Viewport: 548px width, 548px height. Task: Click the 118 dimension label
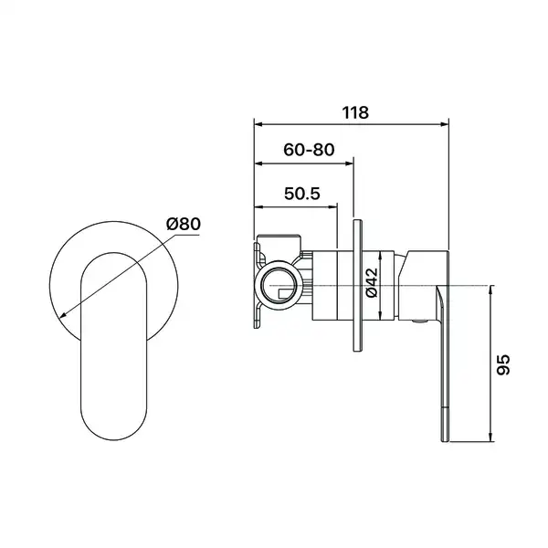tap(355, 112)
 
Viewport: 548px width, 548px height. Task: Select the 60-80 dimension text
tap(309, 150)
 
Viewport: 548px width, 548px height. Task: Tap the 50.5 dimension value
tap(302, 194)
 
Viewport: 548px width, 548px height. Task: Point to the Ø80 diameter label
tap(184, 224)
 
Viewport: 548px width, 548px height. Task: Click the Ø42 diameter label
tap(372, 282)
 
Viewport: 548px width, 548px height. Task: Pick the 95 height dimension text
tap(503, 364)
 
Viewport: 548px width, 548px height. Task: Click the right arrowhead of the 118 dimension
tap(444, 123)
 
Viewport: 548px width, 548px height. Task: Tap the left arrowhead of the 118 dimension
tap(259, 123)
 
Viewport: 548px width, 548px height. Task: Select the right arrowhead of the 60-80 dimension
tap(349, 163)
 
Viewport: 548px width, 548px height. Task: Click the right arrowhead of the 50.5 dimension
tap(332, 207)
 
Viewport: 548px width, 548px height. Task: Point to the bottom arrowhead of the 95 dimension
tap(490, 437)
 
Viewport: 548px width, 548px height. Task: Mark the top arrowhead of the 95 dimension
tap(490, 290)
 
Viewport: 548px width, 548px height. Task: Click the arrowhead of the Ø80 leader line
tap(63, 315)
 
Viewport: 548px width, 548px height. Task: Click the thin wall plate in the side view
tap(357, 286)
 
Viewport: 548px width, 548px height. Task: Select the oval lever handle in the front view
tap(114, 346)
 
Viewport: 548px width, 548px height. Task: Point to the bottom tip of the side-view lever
tap(444, 442)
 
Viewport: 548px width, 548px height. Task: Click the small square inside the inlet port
tap(287, 293)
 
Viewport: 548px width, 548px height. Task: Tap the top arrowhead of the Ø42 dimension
tap(381, 256)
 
